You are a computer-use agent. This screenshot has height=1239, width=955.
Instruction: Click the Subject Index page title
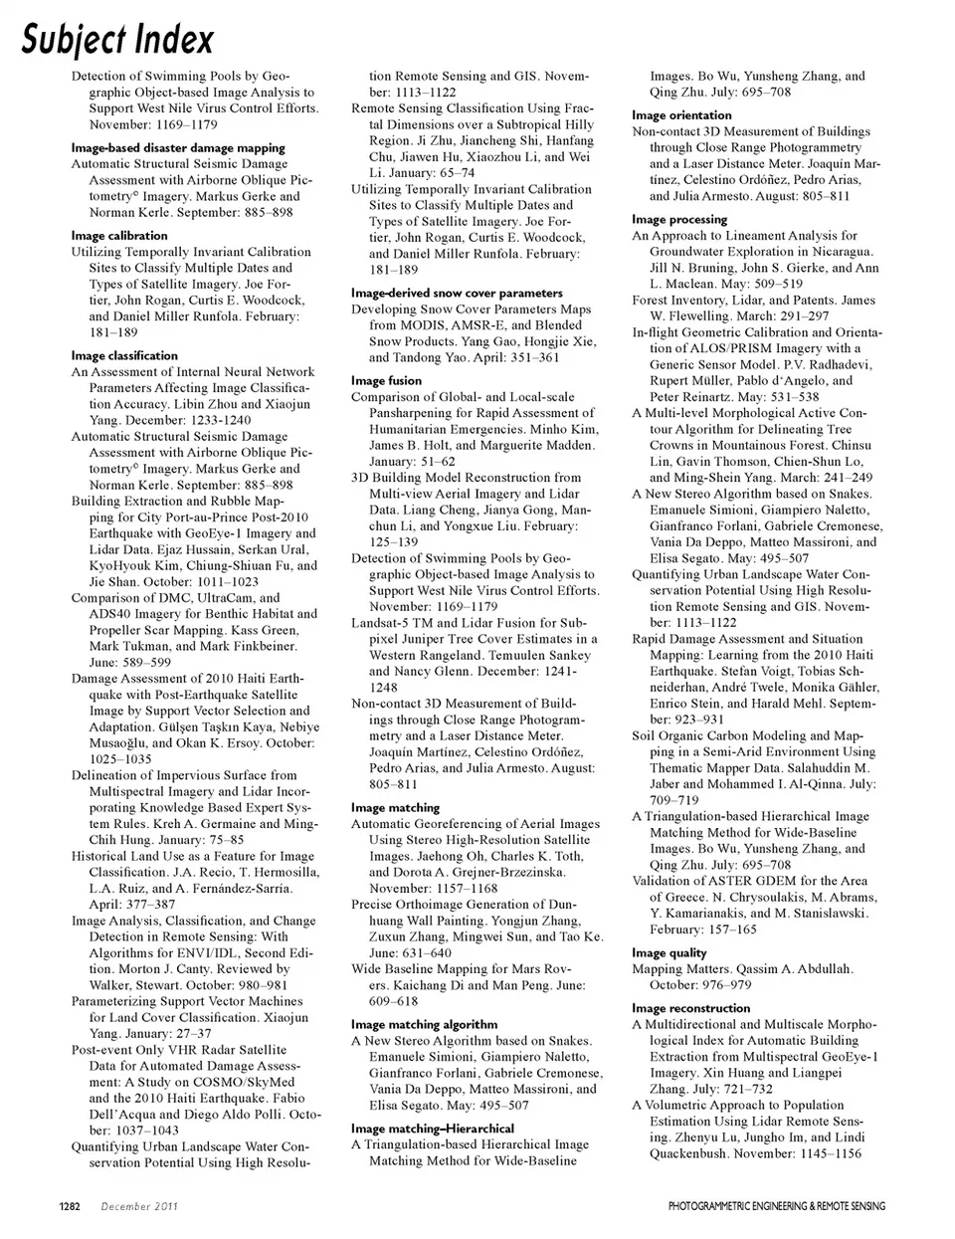(118, 39)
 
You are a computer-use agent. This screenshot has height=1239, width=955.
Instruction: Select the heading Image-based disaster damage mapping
(178, 148)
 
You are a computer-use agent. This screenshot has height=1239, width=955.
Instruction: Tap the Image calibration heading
(119, 236)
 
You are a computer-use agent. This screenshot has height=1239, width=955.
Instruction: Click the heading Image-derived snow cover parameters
(457, 294)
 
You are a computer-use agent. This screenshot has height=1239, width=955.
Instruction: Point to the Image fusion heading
(386, 381)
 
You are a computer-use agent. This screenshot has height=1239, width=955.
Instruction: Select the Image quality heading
(669, 953)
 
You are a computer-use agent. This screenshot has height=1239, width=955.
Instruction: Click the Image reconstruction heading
(690, 1008)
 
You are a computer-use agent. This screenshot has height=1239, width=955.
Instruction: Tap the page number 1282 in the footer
(69, 1207)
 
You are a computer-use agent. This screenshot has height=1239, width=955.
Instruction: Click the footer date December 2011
(139, 1207)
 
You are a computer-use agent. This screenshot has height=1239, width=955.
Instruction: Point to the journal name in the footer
(776, 1207)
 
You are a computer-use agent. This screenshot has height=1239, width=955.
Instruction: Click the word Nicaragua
(837, 252)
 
